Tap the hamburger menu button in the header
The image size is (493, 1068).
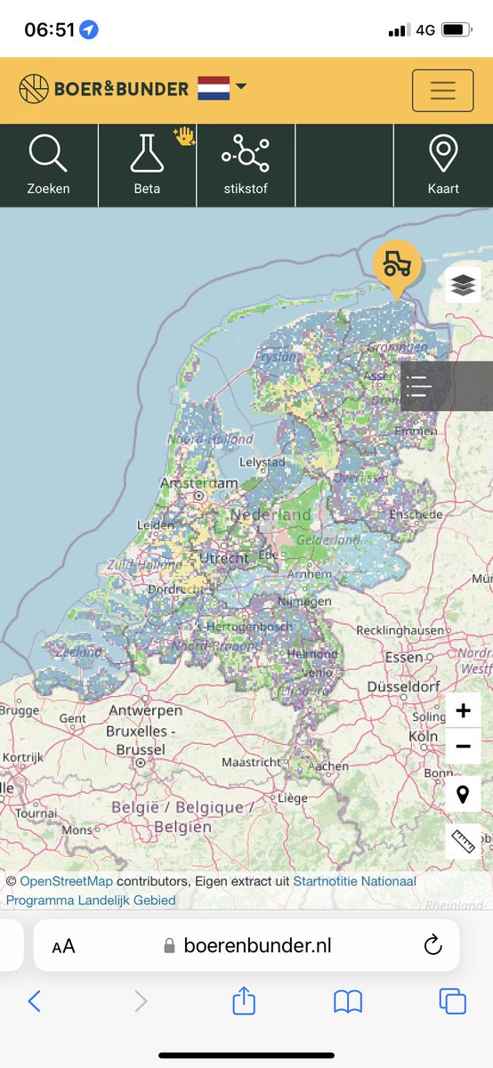click(442, 90)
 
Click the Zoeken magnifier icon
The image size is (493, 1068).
click(48, 153)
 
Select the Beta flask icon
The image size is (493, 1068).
click(147, 153)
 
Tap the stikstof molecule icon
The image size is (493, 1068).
click(246, 153)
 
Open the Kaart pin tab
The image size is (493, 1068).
click(443, 153)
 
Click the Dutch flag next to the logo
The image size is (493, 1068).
click(214, 88)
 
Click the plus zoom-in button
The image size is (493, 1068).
click(463, 711)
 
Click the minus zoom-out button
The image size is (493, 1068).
click(463, 747)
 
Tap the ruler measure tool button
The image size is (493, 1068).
click(463, 840)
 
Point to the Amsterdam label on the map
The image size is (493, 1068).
click(198, 483)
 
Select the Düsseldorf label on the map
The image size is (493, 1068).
click(403, 687)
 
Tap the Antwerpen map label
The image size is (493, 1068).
click(145, 710)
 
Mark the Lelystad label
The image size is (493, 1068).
click(262, 462)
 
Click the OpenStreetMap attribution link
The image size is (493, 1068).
click(66, 881)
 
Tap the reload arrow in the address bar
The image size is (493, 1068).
click(433, 945)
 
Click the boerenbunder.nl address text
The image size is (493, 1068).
click(257, 945)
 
